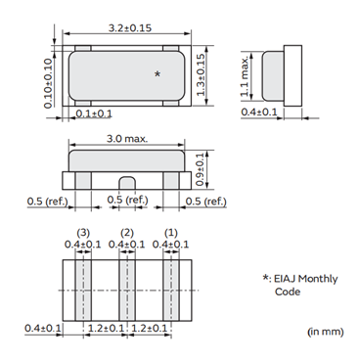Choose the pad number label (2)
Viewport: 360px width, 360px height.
tap(127, 233)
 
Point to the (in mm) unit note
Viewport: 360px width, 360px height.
tap(325, 333)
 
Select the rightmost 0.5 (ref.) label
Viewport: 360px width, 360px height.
tap(206, 202)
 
